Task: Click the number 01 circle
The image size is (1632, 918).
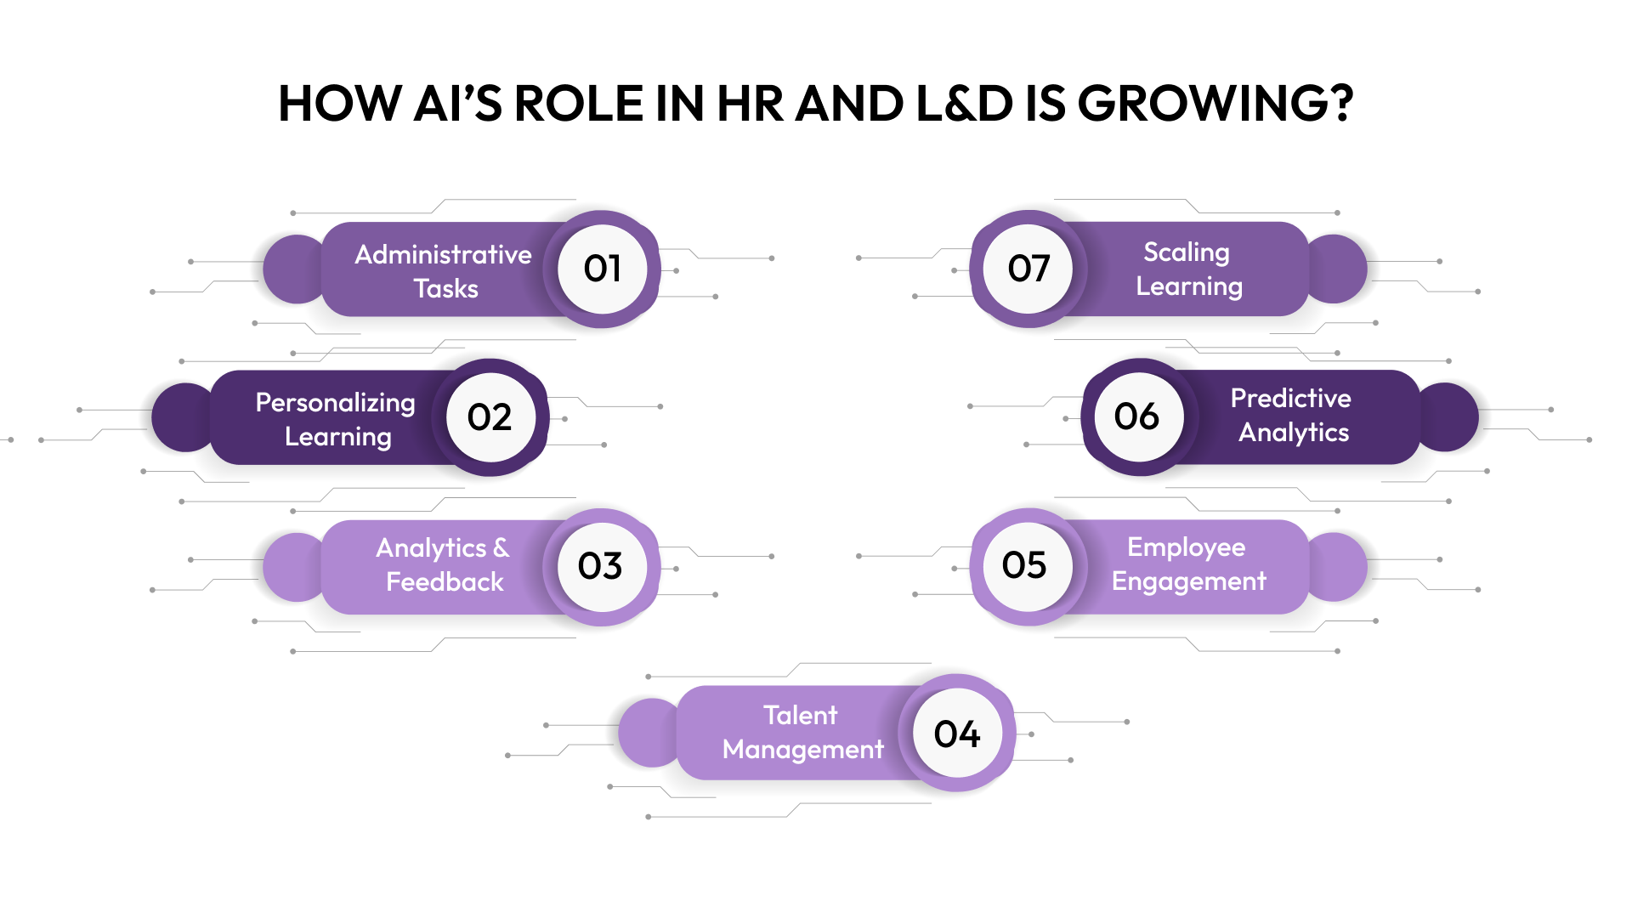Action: (602, 269)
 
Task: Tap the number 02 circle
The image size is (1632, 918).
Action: (490, 416)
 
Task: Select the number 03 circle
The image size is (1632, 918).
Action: (601, 566)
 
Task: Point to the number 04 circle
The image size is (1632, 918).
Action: (957, 734)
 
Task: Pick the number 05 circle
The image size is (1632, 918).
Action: (1025, 565)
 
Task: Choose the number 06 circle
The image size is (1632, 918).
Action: (1137, 416)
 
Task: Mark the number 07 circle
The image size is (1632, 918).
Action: (1028, 269)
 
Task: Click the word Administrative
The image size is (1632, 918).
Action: (443, 254)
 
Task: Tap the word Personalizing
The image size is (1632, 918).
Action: (335, 402)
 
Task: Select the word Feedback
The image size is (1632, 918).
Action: (445, 582)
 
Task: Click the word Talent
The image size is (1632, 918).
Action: (800, 715)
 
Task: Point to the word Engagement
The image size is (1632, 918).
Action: (1188, 581)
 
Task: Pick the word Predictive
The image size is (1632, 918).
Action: (1290, 398)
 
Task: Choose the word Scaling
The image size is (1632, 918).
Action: (1186, 252)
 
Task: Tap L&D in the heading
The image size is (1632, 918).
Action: (964, 104)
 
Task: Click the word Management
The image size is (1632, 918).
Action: (802, 750)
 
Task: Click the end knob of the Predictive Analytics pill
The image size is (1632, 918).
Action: (1448, 416)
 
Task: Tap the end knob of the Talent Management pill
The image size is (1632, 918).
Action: (649, 733)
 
